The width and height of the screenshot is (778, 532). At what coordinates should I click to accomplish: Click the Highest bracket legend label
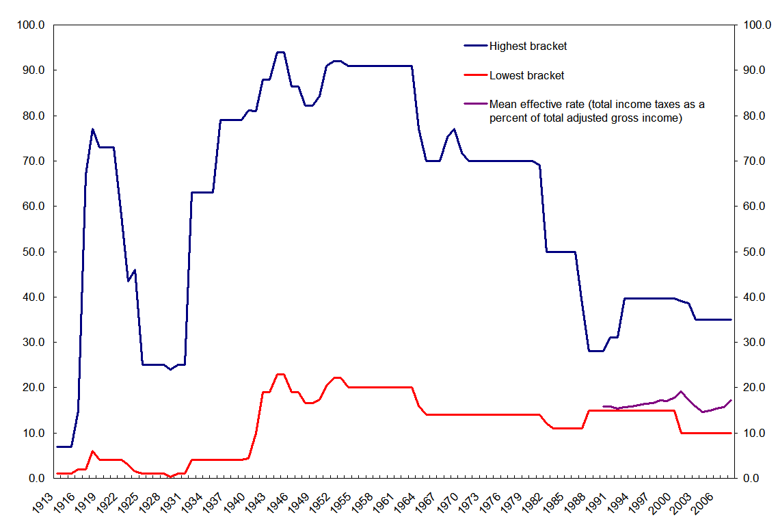click(x=528, y=46)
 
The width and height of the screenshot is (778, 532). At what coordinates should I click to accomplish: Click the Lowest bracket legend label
click(x=526, y=75)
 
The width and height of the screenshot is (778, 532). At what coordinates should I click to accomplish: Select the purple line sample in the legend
click(x=476, y=104)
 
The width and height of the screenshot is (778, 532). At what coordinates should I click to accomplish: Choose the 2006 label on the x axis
click(x=709, y=499)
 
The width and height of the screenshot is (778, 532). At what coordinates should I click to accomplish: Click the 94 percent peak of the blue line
click(x=280, y=52)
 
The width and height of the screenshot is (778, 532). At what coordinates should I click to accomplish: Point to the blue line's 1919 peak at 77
click(x=92, y=129)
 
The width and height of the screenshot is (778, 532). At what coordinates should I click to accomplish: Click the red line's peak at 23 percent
click(x=280, y=374)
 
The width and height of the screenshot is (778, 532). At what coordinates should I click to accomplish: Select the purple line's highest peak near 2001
click(x=681, y=391)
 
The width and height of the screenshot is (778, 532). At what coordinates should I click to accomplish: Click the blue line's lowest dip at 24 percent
click(x=170, y=369)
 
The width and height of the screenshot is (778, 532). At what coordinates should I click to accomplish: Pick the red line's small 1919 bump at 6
click(x=92, y=451)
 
